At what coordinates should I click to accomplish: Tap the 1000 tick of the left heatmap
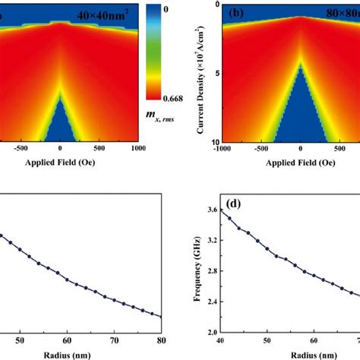[137, 149]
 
